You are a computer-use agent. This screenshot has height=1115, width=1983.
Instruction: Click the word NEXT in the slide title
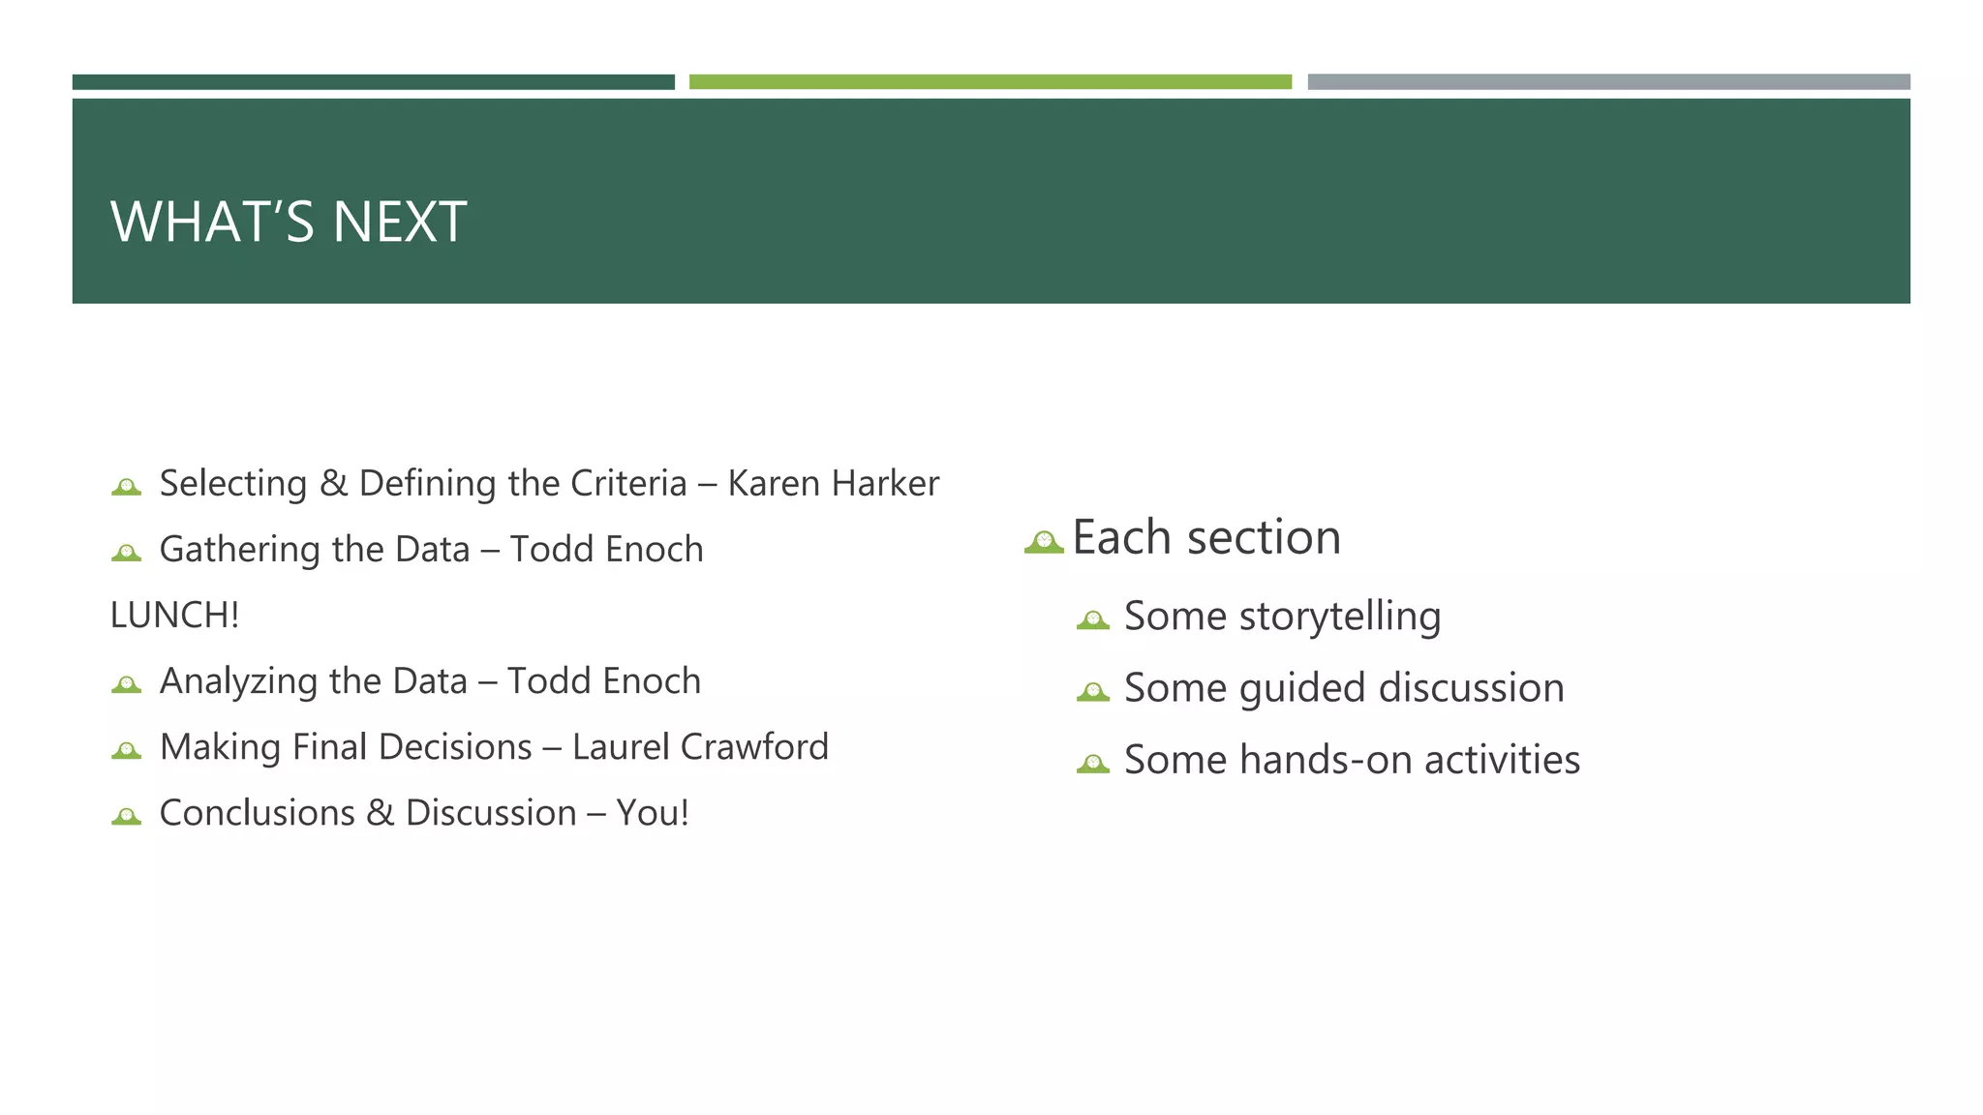400,222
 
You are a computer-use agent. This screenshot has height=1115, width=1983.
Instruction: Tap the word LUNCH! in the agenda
174,616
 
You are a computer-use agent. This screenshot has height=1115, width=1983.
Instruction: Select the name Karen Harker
833,483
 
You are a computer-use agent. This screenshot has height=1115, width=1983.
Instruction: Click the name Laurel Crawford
700,747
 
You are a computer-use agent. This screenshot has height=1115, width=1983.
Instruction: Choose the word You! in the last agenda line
653,813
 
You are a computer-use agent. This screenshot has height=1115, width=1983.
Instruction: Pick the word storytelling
1340,617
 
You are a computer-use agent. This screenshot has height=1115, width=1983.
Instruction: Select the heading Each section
1206,537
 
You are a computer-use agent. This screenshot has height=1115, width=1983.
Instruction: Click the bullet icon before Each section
1044,542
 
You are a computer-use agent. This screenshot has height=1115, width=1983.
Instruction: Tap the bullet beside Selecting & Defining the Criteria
126,487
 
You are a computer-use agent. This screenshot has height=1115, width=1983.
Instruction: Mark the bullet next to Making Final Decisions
126,750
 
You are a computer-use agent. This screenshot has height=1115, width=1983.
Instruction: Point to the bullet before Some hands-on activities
1092,764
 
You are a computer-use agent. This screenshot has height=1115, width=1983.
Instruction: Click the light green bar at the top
990,82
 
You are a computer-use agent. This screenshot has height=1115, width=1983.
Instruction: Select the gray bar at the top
1608,82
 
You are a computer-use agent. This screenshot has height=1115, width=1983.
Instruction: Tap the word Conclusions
257,813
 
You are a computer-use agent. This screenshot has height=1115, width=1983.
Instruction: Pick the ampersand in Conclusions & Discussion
381,813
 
